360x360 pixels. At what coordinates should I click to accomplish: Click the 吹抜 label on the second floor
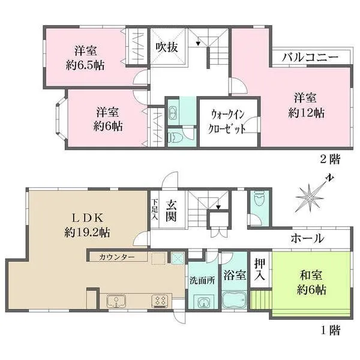click(167, 47)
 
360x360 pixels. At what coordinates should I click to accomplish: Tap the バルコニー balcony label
click(310, 57)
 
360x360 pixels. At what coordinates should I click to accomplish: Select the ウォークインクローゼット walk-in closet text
click(227, 122)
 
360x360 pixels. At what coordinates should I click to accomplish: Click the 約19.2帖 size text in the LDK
click(87, 233)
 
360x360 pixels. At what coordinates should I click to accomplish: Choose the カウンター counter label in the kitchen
click(117, 257)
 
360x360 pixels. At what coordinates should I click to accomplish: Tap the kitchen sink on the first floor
click(116, 301)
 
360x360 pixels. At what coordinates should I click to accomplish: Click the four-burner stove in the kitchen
click(160, 301)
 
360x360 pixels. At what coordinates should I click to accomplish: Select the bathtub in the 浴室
click(235, 299)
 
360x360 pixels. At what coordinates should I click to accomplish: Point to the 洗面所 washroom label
click(202, 280)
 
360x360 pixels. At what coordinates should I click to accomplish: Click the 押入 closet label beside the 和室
click(260, 269)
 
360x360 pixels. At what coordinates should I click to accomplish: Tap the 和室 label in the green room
click(311, 275)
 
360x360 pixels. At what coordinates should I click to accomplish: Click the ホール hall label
click(307, 238)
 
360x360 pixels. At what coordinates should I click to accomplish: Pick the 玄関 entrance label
click(171, 210)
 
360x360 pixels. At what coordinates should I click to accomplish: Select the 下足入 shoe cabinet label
click(155, 209)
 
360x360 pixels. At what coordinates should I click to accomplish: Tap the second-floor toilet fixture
click(175, 137)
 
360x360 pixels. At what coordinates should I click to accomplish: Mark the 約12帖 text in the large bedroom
click(306, 113)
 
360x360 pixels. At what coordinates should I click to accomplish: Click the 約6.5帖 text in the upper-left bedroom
click(85, 65)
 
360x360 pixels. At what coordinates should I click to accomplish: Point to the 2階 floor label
click(330, 160)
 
